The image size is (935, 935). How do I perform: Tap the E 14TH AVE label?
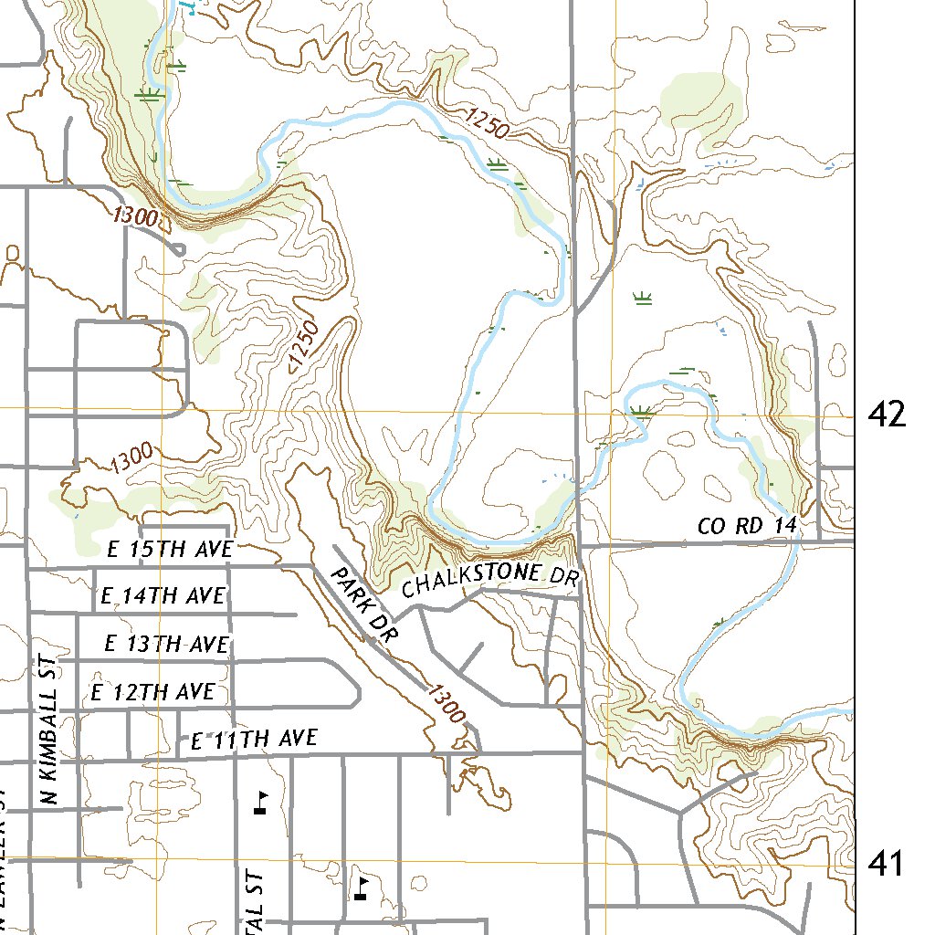(163, 596)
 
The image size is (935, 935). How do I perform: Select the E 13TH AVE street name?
(166, 644)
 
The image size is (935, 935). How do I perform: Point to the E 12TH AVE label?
(152, 692)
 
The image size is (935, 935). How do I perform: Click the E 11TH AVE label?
(254, 739)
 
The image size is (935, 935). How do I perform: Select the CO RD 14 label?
(747, 526)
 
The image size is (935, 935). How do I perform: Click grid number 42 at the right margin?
(888, 415)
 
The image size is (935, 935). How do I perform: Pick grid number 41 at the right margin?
(886, 863)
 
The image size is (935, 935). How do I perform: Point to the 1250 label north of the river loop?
(486, 123)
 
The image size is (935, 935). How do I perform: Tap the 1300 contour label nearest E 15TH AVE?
(130, 457)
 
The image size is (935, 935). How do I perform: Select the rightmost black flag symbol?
(362, 888)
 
